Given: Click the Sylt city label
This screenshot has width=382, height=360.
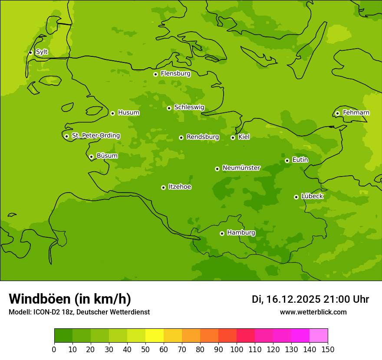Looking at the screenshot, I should tap(42, 52).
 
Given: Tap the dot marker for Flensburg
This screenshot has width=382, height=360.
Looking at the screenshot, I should tap(155, 74).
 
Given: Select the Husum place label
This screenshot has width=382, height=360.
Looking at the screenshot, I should tap(128, 113).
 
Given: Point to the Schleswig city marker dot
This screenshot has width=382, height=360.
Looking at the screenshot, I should tap(169, 108).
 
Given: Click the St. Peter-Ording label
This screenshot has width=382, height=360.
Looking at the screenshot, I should tap(95, 136).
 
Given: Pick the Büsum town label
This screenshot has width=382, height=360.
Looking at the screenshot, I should tap(107, 156).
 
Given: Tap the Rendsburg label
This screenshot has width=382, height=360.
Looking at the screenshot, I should tap(203, 137).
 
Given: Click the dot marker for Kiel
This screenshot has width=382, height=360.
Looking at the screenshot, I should tap(233, 137).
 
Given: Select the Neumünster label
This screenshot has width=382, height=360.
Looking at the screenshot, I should tap(241, 168).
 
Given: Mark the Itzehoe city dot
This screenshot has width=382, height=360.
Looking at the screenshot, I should tap(163, 187).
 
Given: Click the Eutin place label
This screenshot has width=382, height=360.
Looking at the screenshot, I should tap(300, 160).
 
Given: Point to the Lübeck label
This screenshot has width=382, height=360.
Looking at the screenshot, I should tap(312, 196).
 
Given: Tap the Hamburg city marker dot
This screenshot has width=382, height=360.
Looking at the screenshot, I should tap(222, 233).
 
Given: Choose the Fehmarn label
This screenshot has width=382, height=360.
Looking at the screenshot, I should tap(356, 113).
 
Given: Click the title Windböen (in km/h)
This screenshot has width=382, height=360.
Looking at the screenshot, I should tap(70, 299).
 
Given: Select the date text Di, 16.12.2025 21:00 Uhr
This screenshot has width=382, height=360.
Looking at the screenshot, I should tap(310, 299).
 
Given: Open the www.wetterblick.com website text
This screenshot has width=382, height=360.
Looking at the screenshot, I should tap(313, 312).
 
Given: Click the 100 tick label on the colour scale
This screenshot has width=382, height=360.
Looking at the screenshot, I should tap(237, 349).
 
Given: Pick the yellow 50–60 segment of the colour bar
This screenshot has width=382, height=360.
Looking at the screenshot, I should tap(154, 336).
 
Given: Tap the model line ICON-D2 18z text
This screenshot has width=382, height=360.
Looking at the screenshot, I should tap(79, 312).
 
